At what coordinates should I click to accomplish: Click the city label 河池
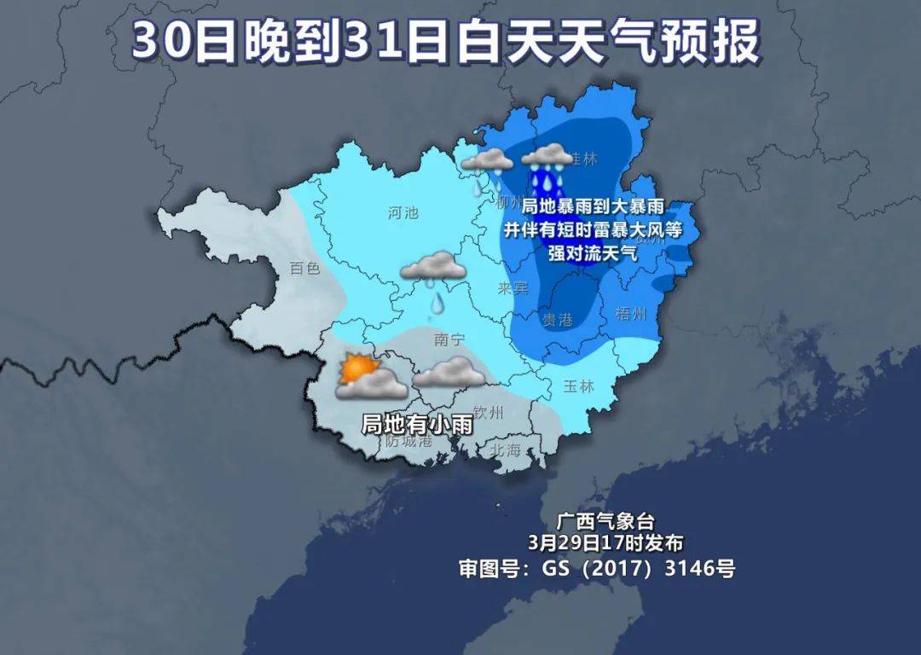pyautogui.click(x=403, y=213)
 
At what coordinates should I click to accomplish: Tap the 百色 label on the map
pyautogui.click(x=304, y=268)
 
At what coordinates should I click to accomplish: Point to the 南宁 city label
pyautogui.click(x=449, y=339)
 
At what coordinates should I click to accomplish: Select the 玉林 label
pyautogui.click(x=578, y=385)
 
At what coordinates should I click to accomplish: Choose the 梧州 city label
pyautogui.click(x=630, y=313)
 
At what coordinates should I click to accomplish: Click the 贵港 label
pyautogui.click(x=558, y=319)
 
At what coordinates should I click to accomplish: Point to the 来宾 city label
pyautogui.click(x=513, y=288)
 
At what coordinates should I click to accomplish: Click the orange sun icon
pyautogui.click(x=356, y=368)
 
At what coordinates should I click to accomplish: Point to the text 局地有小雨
pyautogui.click(x=417, y=424)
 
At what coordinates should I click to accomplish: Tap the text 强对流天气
pyautogui.click(x=593, y=252)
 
